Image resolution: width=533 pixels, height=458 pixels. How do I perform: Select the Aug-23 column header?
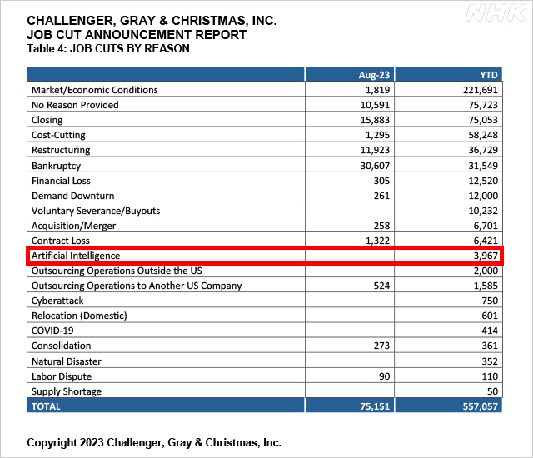coord(370,75)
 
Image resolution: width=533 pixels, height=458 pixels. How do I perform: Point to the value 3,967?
coord(483,256)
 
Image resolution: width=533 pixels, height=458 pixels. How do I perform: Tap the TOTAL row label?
coord(47,406)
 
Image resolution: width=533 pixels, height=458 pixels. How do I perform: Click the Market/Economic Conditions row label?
coord(94,90)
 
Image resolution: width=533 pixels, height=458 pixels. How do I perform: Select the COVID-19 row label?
coord(53,331)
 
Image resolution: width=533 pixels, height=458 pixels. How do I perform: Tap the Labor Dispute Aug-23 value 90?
coord(381,376)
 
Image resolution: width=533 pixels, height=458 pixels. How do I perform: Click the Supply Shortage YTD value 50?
coord(491,391)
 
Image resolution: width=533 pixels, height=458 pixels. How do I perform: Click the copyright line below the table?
coord(154,441)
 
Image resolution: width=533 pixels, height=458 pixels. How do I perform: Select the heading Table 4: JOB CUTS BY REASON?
coord(108,48)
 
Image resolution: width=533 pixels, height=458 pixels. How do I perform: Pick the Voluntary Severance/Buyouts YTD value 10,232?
coord(481,211)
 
